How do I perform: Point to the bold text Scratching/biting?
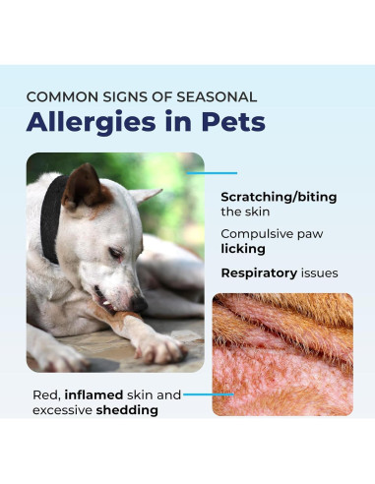click(279, 197)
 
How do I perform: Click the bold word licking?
click(242, 250)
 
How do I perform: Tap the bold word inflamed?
click(99, 394)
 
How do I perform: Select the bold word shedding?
click(127, 409)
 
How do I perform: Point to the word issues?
click(319, 272)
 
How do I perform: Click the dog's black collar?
click(50, 216)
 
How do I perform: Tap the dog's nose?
click(140, 306)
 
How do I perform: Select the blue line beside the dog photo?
click(212, 173)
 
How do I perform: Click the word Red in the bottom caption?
click(43, 394)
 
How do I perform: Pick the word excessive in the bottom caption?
click(62, 409)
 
